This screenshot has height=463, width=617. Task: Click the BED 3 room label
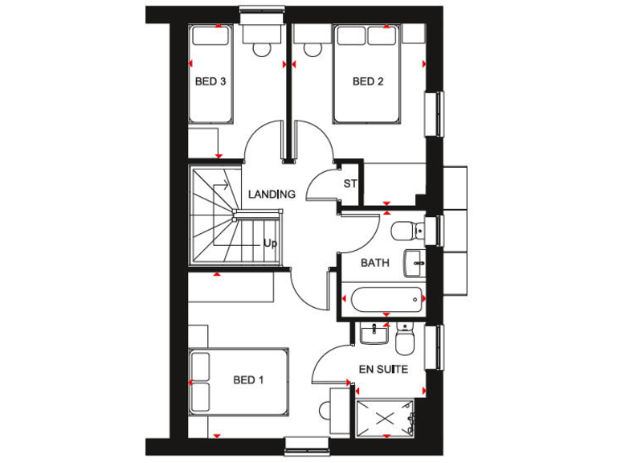[210, 81]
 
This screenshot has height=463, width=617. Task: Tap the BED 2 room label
[368, 81]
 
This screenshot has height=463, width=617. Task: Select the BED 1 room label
[248, 379]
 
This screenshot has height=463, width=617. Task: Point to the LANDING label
[272, 194]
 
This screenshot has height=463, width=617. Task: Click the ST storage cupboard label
[349, 184]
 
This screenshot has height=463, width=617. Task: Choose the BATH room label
[374, 263]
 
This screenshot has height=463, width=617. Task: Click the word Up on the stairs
[270, 243]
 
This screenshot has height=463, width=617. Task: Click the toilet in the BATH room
[405, 231]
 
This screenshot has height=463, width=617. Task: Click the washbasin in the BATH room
[415, 260]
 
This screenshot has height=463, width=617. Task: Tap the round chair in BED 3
[262, 48]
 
